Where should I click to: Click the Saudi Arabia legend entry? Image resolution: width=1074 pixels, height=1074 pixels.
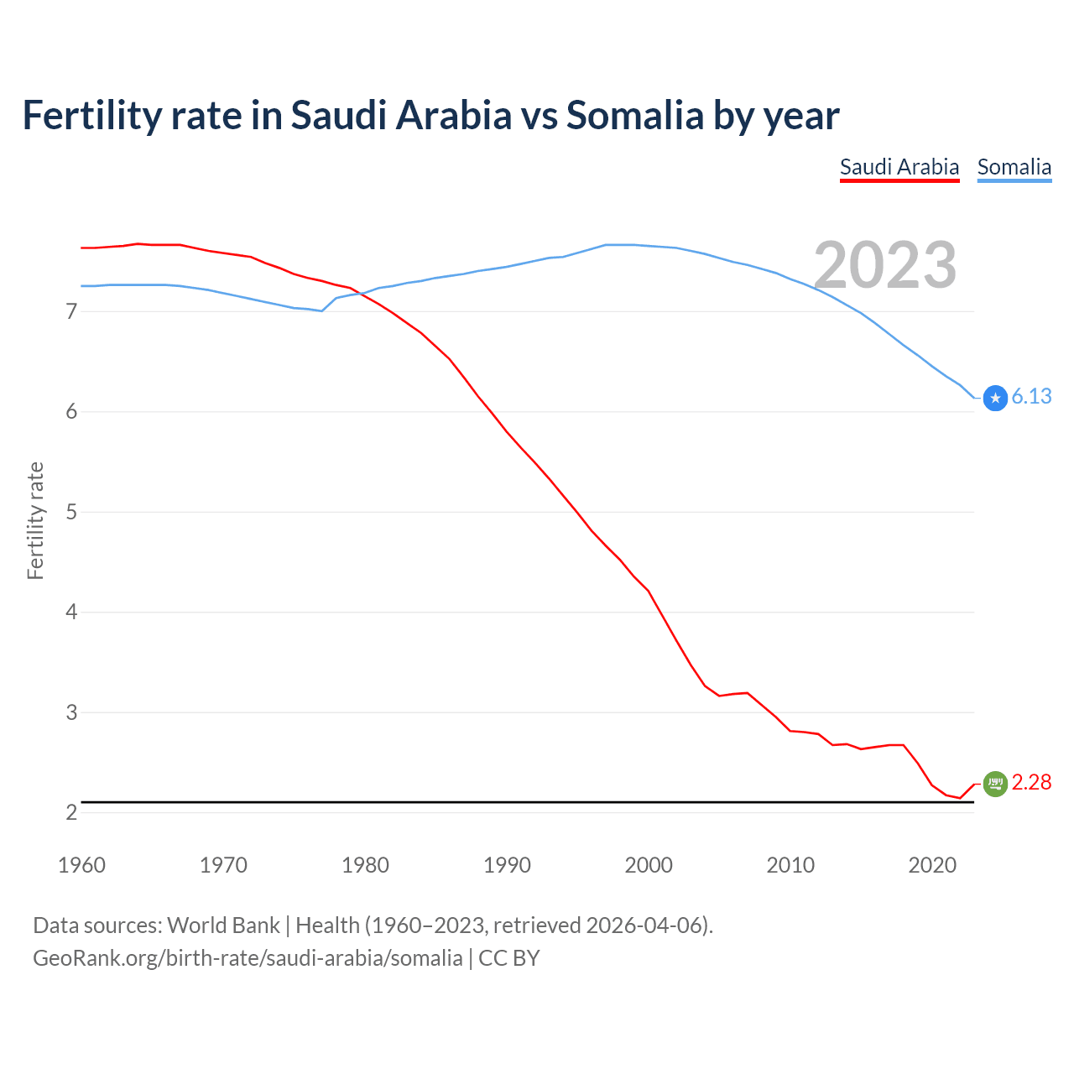pos(899,167)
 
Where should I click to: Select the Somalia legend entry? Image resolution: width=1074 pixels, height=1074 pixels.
pos(1014,167)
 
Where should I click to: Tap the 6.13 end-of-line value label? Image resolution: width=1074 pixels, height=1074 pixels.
pos(1031,396)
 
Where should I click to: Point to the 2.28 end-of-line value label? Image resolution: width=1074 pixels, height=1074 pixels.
pos(1031,782)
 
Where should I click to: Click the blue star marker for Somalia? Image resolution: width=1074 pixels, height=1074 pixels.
pos(995,398)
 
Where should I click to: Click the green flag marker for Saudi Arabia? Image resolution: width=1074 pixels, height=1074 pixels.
pos(995,784)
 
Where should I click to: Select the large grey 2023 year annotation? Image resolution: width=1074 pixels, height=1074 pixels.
pos(885,265)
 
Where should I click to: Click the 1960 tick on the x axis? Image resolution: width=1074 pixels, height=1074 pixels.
pos(81,865)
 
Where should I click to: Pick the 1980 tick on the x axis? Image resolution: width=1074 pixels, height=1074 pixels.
pos(365,865)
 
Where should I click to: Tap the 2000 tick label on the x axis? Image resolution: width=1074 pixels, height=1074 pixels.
pos(649,865)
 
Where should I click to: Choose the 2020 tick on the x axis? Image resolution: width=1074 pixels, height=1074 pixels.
pos(932,865)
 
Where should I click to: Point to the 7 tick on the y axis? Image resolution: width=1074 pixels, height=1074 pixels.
pos(71,312)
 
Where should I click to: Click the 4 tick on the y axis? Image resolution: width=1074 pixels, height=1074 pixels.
pos(71,613)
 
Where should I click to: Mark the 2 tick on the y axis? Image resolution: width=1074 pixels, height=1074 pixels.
pos(71,812)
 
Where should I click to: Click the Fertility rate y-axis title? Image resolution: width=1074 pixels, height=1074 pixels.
pos(35,520)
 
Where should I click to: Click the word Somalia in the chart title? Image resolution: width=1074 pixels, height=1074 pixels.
pos(635,116)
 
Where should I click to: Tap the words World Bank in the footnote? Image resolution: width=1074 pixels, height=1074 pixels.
pos(223,925)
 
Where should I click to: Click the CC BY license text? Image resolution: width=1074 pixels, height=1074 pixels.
pos(508,958)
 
